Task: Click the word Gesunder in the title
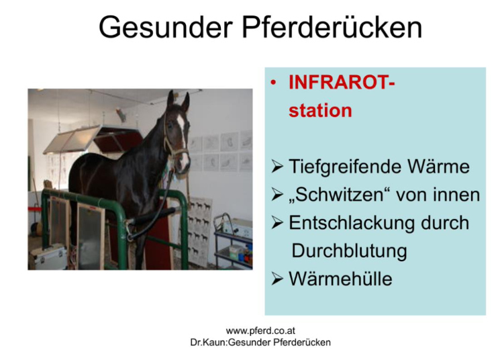(166, 27)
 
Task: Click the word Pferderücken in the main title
(332, 27)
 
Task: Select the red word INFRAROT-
(342, 83)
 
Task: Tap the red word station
(320, 110)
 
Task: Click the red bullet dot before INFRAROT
(273, 83)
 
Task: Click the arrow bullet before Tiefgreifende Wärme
(277, 167)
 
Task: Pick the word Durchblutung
(349, 251)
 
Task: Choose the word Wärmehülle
(340, 279)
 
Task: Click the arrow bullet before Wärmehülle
(277, 279)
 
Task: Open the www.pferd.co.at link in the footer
(260, 330)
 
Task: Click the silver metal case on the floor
(49, 258)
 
